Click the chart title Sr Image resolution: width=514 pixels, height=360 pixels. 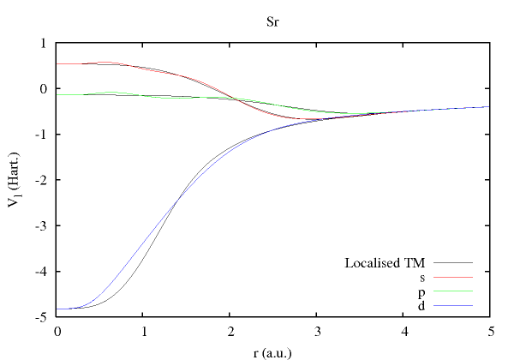coord(272,21)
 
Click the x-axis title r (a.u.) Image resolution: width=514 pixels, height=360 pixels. coord(272,351)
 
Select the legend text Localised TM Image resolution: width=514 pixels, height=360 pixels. coord(385,262)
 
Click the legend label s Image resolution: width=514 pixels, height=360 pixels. coord(422,277)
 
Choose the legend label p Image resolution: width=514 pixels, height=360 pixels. coord(422,291)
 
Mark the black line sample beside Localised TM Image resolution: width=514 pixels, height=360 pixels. coord(453,262)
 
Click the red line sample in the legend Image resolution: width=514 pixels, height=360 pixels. coord(453,277)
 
